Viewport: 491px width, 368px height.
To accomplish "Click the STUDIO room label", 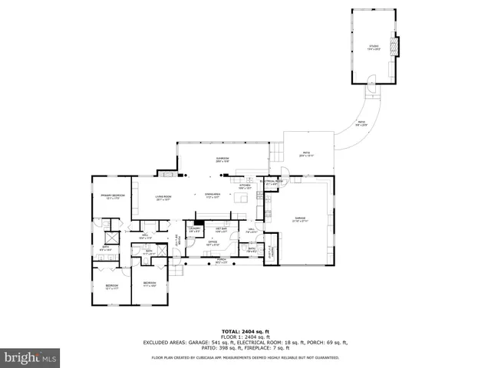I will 374,48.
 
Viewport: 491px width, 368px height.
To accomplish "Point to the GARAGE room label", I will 300,219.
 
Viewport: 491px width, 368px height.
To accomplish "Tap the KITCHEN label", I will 245,186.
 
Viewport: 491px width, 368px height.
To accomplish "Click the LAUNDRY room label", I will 195,229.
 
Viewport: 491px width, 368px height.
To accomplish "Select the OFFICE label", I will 213,242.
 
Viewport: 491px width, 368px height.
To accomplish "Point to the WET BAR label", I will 221,229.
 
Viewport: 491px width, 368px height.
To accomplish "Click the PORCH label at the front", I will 221,261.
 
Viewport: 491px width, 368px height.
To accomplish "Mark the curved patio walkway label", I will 361,123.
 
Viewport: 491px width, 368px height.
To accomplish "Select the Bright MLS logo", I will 31,357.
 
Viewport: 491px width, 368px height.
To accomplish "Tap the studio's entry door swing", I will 372,79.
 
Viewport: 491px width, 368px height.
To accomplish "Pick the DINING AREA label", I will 213,195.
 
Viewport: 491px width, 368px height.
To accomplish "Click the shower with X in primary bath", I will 108,235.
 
